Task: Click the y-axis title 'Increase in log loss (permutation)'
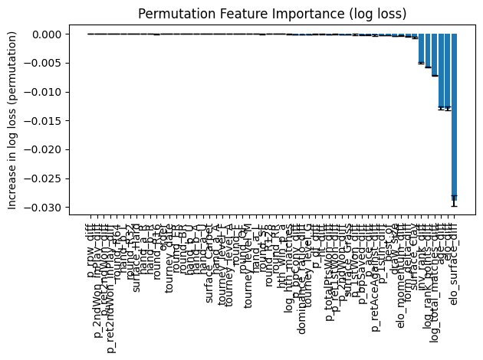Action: tap(11, 121)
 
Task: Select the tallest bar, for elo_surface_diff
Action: tap(454, 115)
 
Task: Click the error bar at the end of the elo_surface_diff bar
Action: tap(454, 201)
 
